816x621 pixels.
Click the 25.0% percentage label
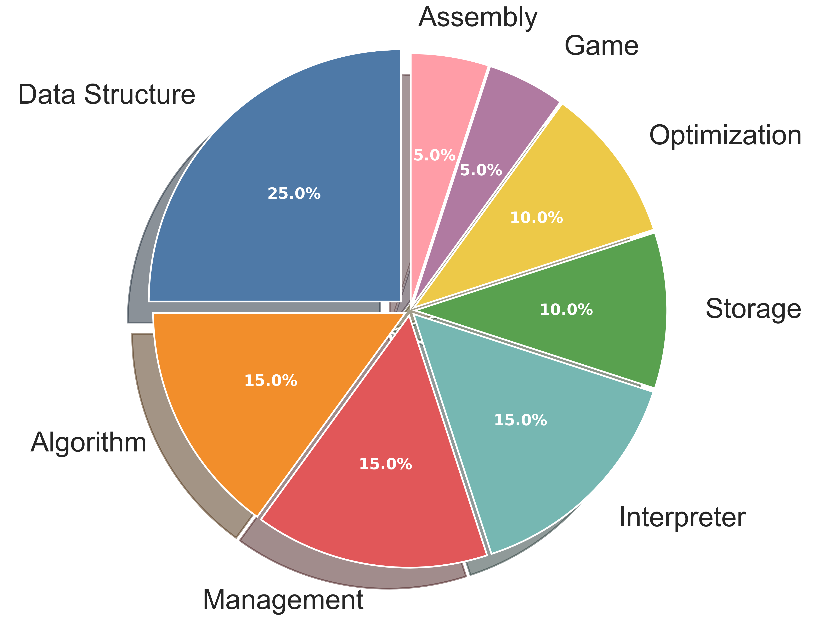[294, 194]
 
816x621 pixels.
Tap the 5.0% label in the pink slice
[434, 155]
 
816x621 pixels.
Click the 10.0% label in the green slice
[566, 309]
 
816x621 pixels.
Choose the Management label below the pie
[283, 600]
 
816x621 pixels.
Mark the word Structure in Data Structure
[139, 95]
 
